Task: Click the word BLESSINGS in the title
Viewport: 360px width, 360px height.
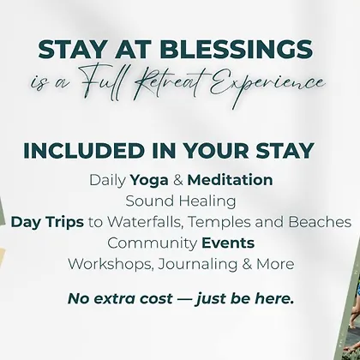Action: pos(236,50)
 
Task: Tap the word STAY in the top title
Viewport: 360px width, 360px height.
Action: pos(73,50)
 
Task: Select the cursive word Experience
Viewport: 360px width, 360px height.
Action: pos(267,84)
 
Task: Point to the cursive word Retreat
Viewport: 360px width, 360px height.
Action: pos(171,84)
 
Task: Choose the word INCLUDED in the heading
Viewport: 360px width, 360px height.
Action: pos(85,150)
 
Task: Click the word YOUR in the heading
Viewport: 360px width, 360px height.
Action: pos(216,150)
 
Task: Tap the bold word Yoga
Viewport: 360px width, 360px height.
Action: pos(149,181)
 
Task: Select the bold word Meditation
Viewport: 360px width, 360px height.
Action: pos(230,180)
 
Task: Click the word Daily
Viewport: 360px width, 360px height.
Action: pos(107,181)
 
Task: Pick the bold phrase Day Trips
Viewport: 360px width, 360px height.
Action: pos(47,223)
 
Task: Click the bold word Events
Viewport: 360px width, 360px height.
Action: pos(228,243)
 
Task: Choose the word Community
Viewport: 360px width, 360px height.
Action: pos(153,244)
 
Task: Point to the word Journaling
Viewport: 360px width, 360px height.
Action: pos(197,265)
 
